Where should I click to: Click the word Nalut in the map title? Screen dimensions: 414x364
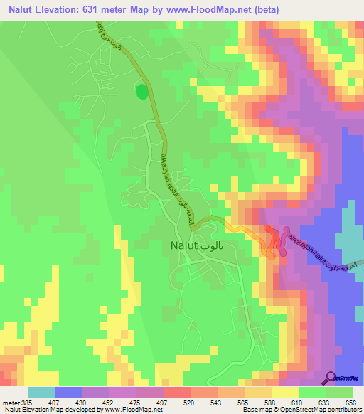pos(21,9)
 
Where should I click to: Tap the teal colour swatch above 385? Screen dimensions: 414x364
pos(42,392)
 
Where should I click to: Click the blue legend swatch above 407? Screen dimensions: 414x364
pos(69,392)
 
